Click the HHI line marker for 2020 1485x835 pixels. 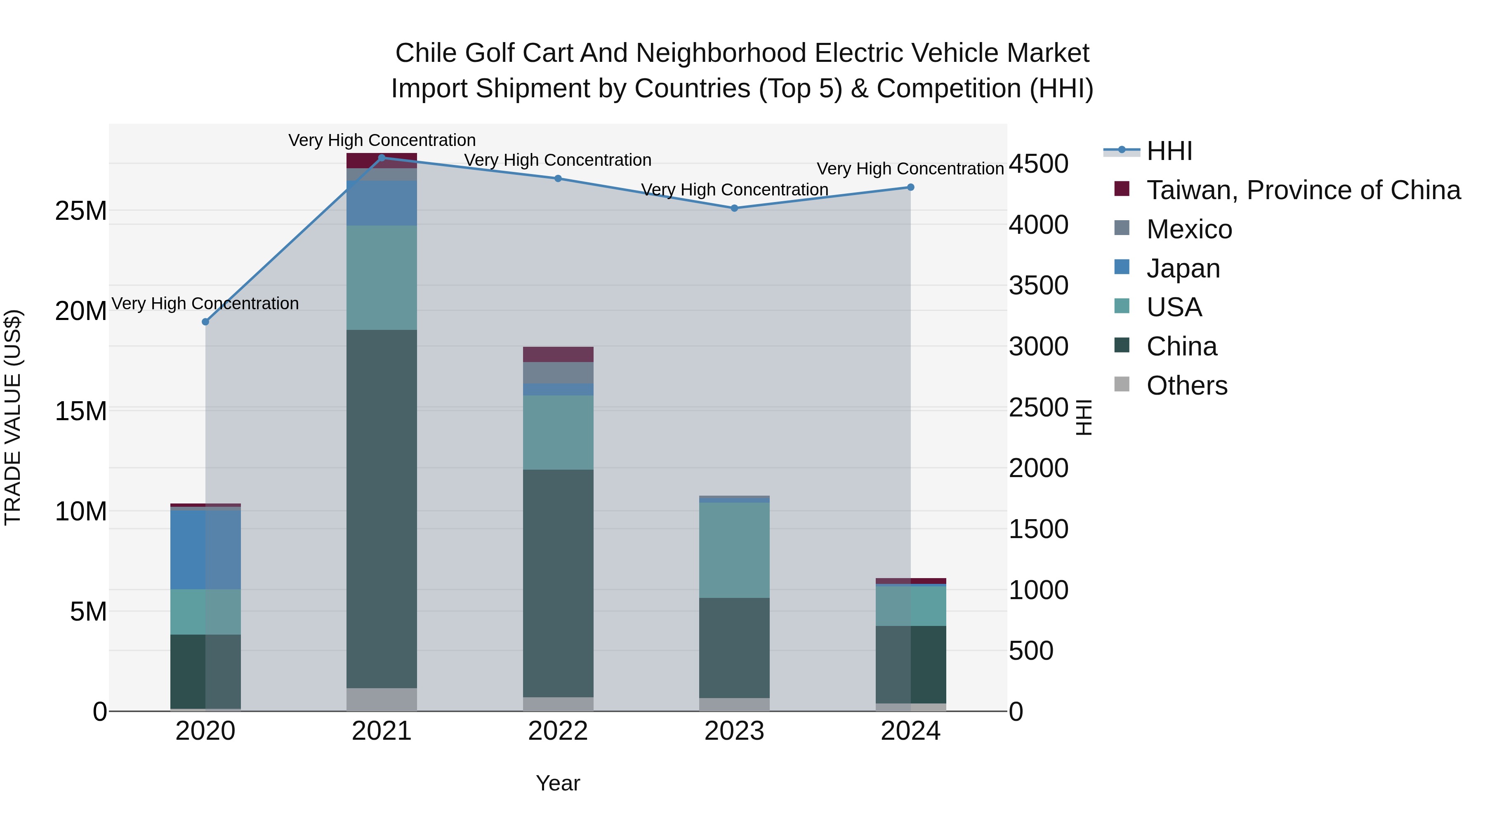205,322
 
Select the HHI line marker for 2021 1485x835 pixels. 382,158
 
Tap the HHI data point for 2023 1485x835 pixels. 734,208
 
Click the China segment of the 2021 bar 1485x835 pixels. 382,507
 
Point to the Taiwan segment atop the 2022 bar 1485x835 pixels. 558,354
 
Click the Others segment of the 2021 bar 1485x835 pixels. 382,699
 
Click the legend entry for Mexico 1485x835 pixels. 1189,229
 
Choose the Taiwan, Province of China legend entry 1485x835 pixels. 1303,190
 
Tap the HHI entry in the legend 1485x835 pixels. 1169,151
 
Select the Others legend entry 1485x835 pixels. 1186,386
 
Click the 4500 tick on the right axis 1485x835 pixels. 1038,164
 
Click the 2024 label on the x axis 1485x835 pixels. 910,731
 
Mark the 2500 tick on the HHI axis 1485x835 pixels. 1038,407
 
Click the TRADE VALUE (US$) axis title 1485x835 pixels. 13,417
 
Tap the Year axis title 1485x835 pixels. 557,783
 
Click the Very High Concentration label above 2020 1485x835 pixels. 205,303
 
